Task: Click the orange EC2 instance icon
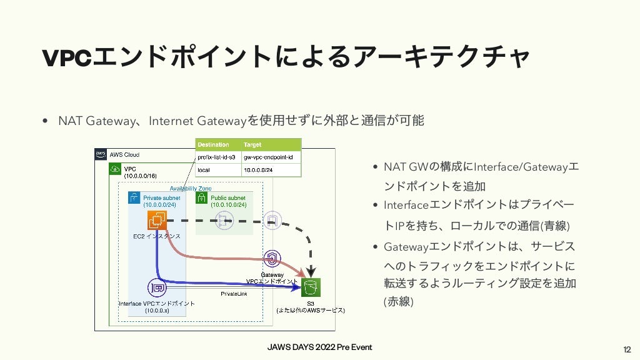pyautogui.click(x=157, y=220)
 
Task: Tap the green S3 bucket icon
pyautogui.click(x=311, y=288)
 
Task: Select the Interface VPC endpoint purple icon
pyautogui.click(x=157, y=288)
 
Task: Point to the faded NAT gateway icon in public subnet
pyautogui.click(x=221, y=218)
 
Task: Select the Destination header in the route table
pyautogui.click(x=213, y=144)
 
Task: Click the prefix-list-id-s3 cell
pyautogui.click(x=216, y=157)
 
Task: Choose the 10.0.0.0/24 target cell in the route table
pyautogui.click(x=259, y=169)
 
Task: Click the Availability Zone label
pyautogui.click(x=191, y=188)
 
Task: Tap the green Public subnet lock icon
pyautogui.click(x=201, y=198)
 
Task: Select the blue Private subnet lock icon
pyautogui.click(x=134, y=198)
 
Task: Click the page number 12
pyautogui.click(x=627, y=348)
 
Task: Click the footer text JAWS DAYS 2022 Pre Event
pyautogui.click(x=319, y=347)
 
